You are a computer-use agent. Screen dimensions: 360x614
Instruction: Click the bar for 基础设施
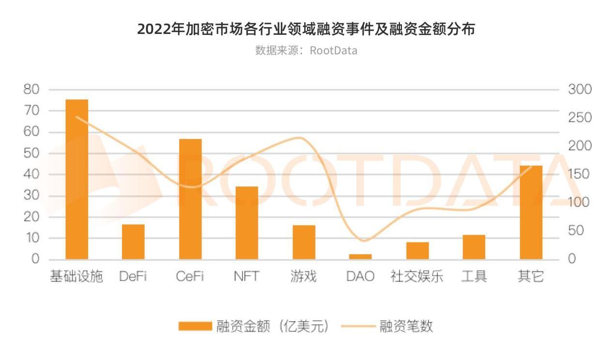77,179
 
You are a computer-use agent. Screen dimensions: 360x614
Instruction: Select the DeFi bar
133,242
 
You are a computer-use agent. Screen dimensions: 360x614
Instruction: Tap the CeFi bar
190,199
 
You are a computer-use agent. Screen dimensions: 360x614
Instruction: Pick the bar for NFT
247,223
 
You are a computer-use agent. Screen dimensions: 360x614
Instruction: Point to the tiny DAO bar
360,256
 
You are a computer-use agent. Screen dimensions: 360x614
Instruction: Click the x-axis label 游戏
304,277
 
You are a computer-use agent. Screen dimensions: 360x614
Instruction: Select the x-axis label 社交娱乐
417,277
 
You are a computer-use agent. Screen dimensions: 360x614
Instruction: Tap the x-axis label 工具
474,277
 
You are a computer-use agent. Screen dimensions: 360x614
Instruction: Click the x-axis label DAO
360,277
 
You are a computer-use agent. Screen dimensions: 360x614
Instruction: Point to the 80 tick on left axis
31,90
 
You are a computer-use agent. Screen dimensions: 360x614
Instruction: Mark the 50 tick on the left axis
31,153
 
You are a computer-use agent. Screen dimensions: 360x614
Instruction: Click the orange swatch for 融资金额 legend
195,326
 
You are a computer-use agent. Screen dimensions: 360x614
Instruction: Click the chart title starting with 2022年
306,29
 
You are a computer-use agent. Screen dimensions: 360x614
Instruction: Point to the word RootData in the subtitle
334,50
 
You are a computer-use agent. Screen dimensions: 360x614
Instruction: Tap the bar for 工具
474,247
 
